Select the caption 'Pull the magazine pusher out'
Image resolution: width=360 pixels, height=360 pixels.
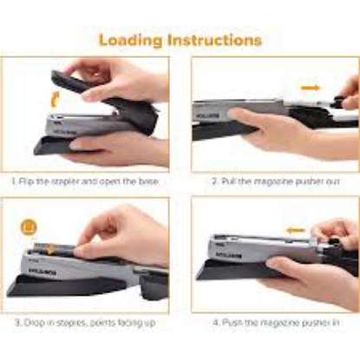click(x=278, y=182)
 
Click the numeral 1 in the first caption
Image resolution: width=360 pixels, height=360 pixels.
click(x=15, y=182)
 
